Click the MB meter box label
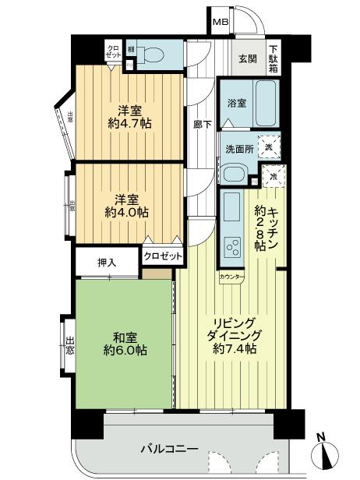click(x=222, y=23)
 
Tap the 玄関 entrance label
click(x=247, y=60)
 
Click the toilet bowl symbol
click(x=154, y=55)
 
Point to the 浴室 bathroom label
click(x=237, y=103)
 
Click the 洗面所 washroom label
click(x=239, y=148)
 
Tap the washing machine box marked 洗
click(x=269, y=147)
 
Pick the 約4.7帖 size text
click(x=130, y=122)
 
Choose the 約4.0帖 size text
click(x=127, y=211)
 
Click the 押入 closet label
click(x=108, y=262)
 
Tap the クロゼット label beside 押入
click(x=162, y=256)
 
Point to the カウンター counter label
click(x=231, y=277)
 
